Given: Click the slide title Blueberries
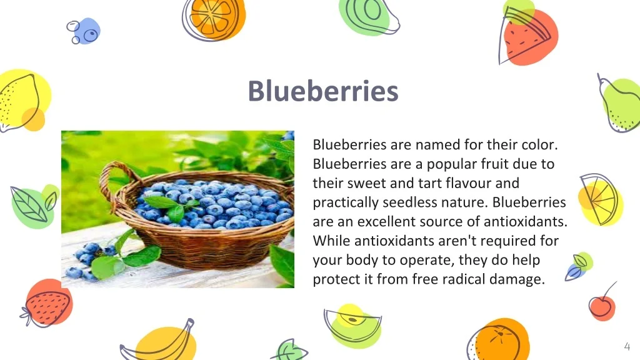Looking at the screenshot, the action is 323,91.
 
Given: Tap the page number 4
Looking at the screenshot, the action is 627,346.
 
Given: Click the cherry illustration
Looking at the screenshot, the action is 602,304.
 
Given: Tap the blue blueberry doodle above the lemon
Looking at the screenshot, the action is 84,31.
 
